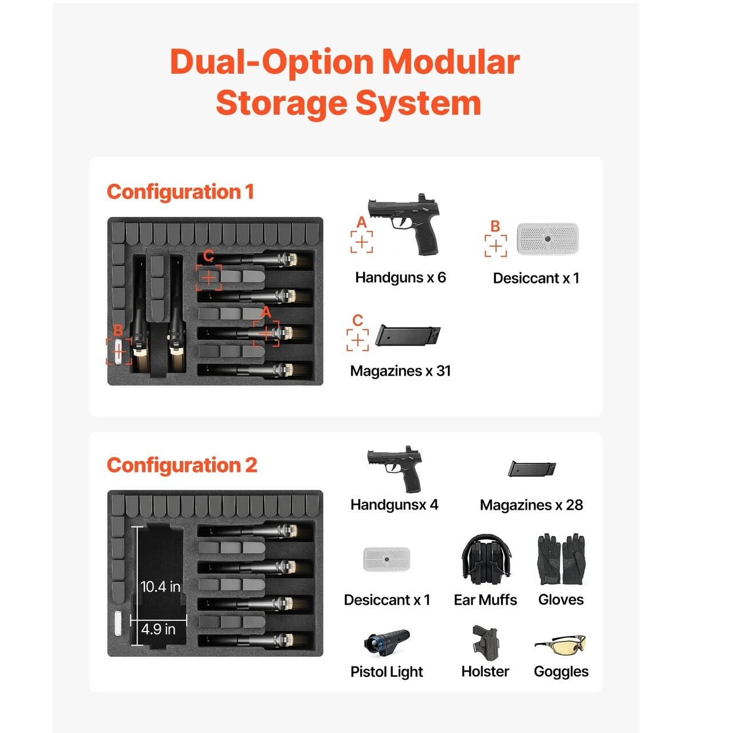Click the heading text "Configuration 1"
[180, 192]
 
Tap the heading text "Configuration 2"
[182, 465]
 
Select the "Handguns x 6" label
[400, 278]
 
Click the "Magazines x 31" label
[400, 371]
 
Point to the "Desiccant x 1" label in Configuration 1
[536, 278]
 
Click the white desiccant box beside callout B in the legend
[547, 239]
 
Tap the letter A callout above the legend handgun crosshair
[361, 222]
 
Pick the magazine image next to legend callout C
[408, 336]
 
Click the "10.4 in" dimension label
[160, 586]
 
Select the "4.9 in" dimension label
[159, 629]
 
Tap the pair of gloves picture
[561, 559]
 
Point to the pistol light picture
[387, 644]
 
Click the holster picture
[485, 643]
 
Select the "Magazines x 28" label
[531, 505]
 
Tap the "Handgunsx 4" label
[394, 505]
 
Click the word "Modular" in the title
[451, 62]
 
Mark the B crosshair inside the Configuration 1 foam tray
[119, 351]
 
